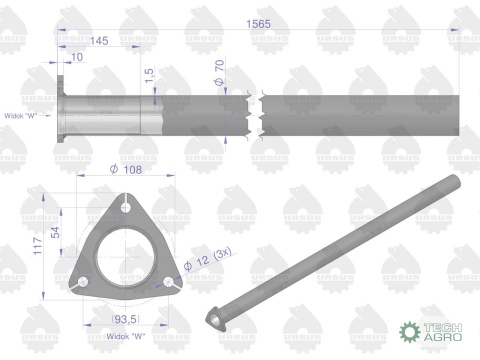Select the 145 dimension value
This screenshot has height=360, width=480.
pyautogui.click(x=99, y=40)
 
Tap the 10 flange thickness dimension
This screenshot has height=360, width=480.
pyautogui.click(x=77, y=57)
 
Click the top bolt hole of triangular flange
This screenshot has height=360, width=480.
pyautogui.click(x=124, y=207)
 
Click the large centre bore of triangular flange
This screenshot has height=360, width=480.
pyautogui.click(x=124, y=255)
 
